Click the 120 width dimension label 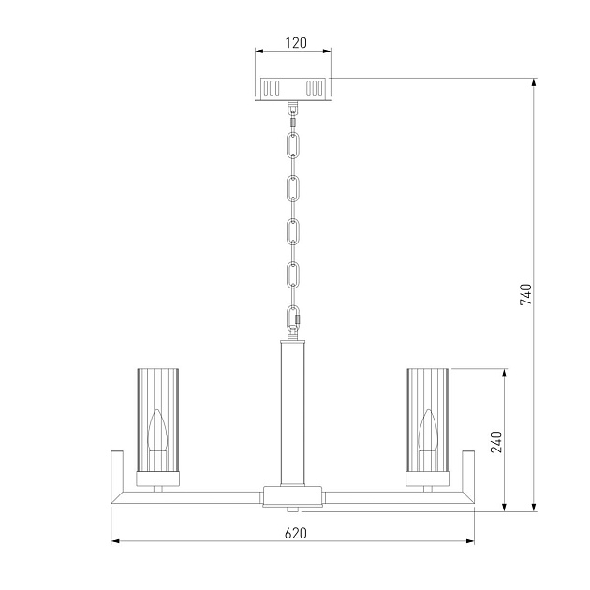coord(294,43)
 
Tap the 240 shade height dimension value coord(496,441)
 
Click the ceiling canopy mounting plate coord(294,88)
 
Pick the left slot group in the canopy coord(272,88)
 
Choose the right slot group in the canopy coord(317,88)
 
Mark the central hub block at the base coord(294,496)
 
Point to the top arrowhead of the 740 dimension coord(535,82)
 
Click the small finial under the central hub coord(294,510)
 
